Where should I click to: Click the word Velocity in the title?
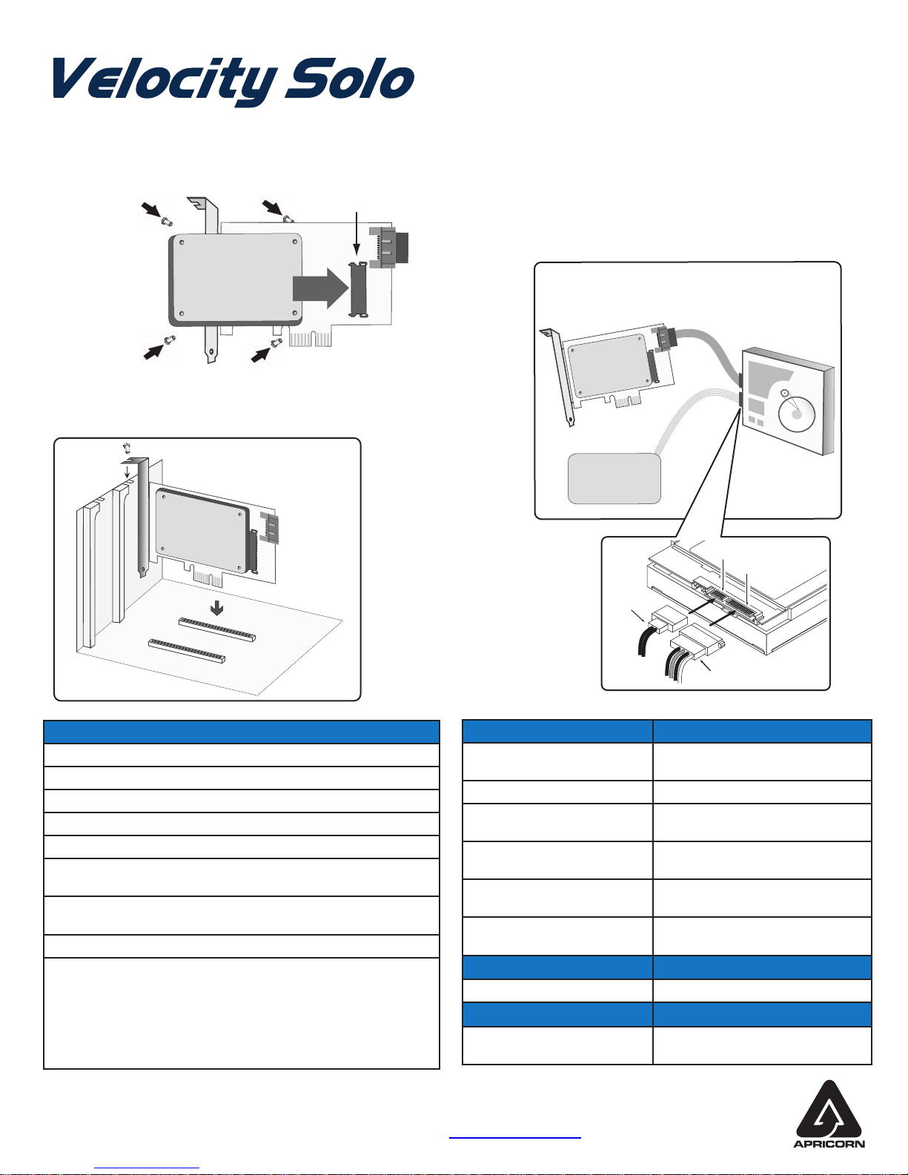point(165,81)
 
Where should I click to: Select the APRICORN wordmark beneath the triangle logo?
point(829,1144)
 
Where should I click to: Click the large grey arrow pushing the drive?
point(320,287)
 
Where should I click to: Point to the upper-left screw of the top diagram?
point(167,221)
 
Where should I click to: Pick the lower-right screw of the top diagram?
point(277,342)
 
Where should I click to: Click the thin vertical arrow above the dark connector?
point(357,233)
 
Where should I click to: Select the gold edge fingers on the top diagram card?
point(311,339)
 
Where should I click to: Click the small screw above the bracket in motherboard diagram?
point(127,448)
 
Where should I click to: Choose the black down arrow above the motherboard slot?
point(216,609)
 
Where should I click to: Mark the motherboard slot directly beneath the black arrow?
point(217,630)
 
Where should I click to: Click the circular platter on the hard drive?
point(796,413)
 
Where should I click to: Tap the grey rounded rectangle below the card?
point(614,479)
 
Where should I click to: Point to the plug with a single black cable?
point(669,618)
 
